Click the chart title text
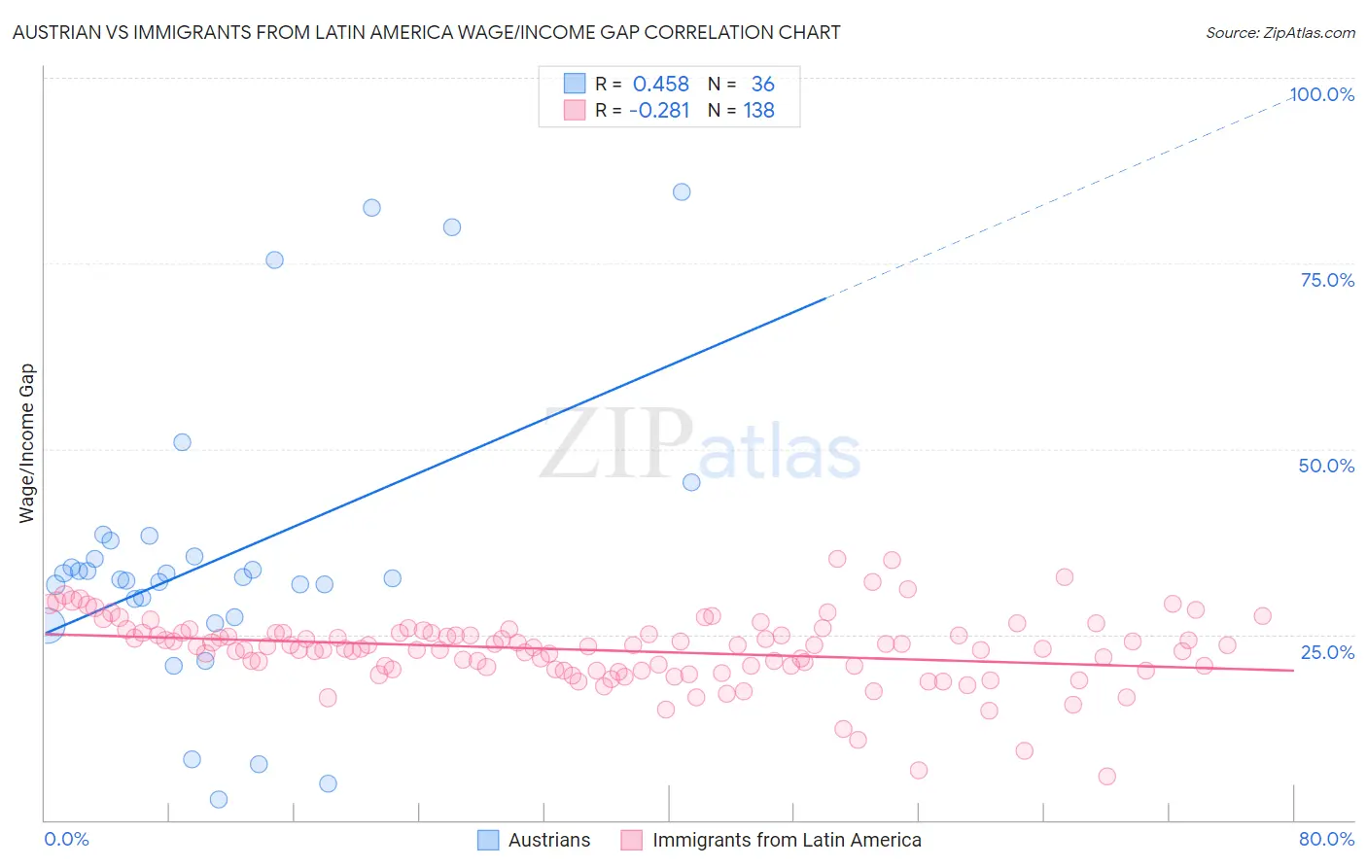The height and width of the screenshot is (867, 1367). click(x=426, y=32)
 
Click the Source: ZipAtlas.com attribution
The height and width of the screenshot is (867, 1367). click(x=1279, y=32)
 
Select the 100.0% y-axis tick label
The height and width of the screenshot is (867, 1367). click(x=1321, y=94)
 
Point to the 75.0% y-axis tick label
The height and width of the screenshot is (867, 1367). click(x=1327, y=280)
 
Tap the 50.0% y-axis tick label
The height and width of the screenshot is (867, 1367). click(x=1326, y=466)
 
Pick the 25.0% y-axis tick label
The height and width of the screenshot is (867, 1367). click(x=1327, y=651)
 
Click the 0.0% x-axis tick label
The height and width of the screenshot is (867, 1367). click(x=66, y=839)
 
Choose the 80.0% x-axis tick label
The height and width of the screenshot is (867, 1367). click(x=1326, y=839)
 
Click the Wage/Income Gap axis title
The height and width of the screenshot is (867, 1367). click(x=26, y=443)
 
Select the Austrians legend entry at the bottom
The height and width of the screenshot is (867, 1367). click(x=548, y=840)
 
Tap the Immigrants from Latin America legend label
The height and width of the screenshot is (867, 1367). click(x=786, y=840)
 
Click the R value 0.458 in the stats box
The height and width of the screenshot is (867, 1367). click(x=660, y=85)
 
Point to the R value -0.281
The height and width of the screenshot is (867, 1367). click(x=659, y=111)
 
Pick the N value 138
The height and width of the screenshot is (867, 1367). click(x=758, y=111)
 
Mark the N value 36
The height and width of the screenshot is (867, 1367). click(x=762, y=85)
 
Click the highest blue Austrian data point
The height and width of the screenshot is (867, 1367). click(x=682, y=192)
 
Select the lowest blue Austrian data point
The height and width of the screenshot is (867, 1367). click(x=219, y=799)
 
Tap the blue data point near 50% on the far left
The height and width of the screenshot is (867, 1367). click(x=182, y=442)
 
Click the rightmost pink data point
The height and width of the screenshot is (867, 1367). click(x=1262, y=616)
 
